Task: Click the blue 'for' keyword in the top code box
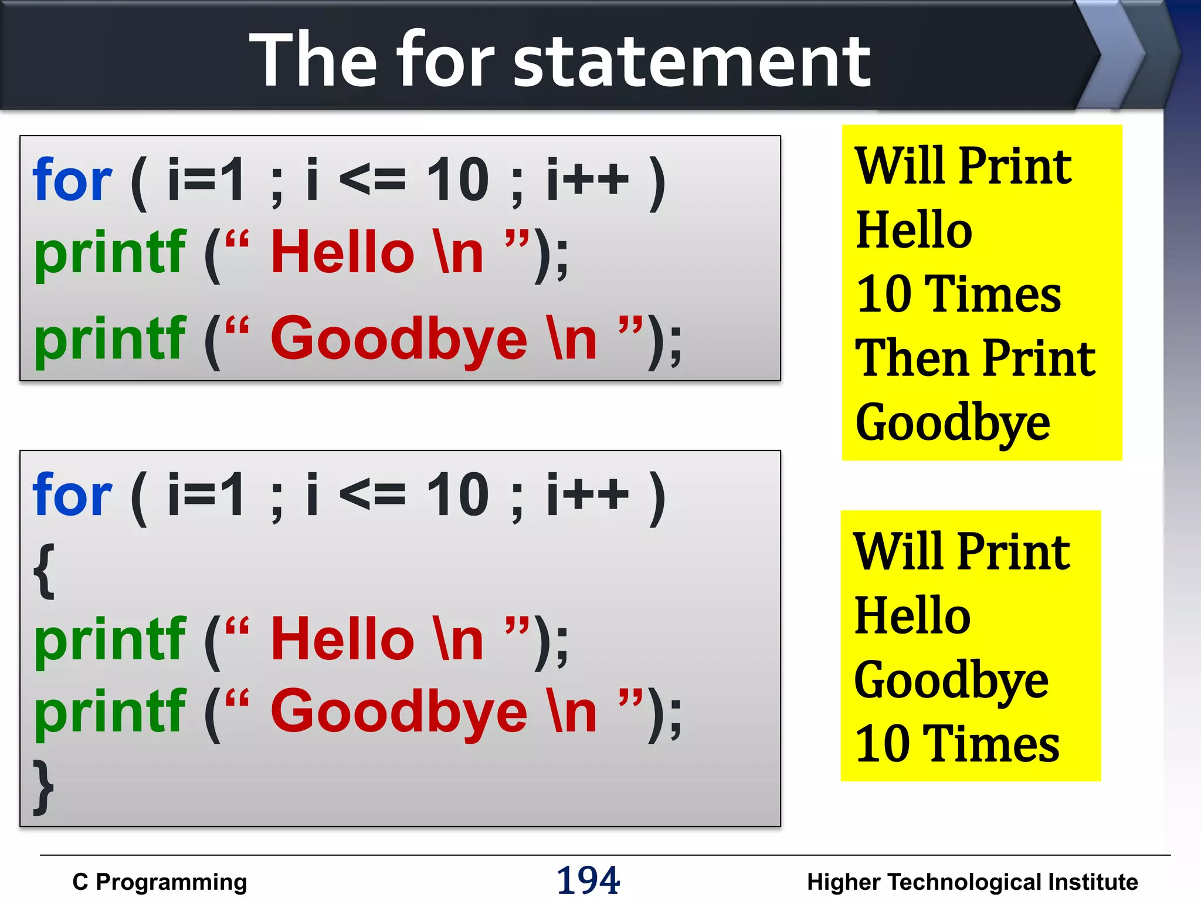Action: point(72,181)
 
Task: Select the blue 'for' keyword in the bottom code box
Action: point(72,496)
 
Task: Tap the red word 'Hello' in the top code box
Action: point(342,252)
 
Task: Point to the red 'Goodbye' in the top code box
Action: point(399,339)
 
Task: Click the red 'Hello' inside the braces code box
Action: point(342,639)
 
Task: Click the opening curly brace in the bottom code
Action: point(45,571)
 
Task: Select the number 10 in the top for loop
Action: point(457,181)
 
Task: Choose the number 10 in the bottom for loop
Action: point(457,496)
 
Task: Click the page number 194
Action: point(588,880)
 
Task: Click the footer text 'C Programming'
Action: point(160,882)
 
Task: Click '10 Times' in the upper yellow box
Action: point(958,294)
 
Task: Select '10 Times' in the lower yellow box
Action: point(957,744)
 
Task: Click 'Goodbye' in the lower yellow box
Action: point(951,680)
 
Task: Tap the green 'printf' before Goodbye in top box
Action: point(110,339)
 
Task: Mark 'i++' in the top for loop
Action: point(588,181)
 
